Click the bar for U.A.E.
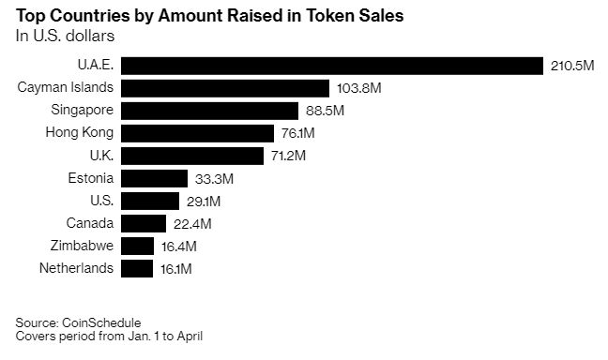coord(332,66)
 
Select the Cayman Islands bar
coord(225,88)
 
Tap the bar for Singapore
coord(209,111)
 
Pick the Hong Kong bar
coord(197,133)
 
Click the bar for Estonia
coord(154,178)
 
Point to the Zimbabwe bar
coord(137,246)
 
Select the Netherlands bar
coord(137,268)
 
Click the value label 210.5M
coord(571,66)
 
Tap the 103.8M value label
coord(358,88)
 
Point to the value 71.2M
coord(288,156)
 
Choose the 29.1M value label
coord(202,201)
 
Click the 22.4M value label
coord(191,223)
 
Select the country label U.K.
coord(100,156)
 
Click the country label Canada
coord(90,223)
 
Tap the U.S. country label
coord(100,201)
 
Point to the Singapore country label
coord(80,111)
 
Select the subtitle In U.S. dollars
coord(64,36)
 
